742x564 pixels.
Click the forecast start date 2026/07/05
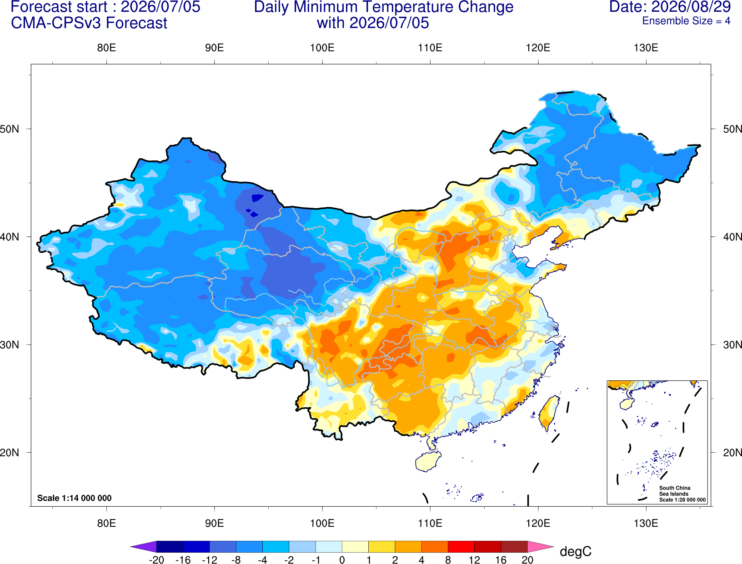tap(160, 7)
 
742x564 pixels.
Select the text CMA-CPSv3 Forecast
tap(89, 23)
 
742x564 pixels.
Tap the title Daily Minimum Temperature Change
tap(384, 7)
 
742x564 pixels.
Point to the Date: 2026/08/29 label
tap(670, 7)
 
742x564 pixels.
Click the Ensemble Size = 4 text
tap(686, 21)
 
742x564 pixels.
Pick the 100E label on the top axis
tap(322, 48)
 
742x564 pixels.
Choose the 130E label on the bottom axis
tap(646, 524)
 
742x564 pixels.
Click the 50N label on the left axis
tap(10, 129)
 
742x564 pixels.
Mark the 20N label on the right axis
tap(732, 453)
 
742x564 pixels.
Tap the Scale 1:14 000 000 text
tap(75, 498)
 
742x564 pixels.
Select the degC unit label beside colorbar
tap(575, 552)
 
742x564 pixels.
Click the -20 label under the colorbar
tap(156, 560)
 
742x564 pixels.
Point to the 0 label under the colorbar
tap(342, 560)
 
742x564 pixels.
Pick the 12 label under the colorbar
tap(474, 560)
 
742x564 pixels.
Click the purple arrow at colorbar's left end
tap(144, 546)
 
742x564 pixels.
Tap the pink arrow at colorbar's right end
tap(541, 546)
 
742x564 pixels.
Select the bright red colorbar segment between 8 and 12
tap(461, 546)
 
